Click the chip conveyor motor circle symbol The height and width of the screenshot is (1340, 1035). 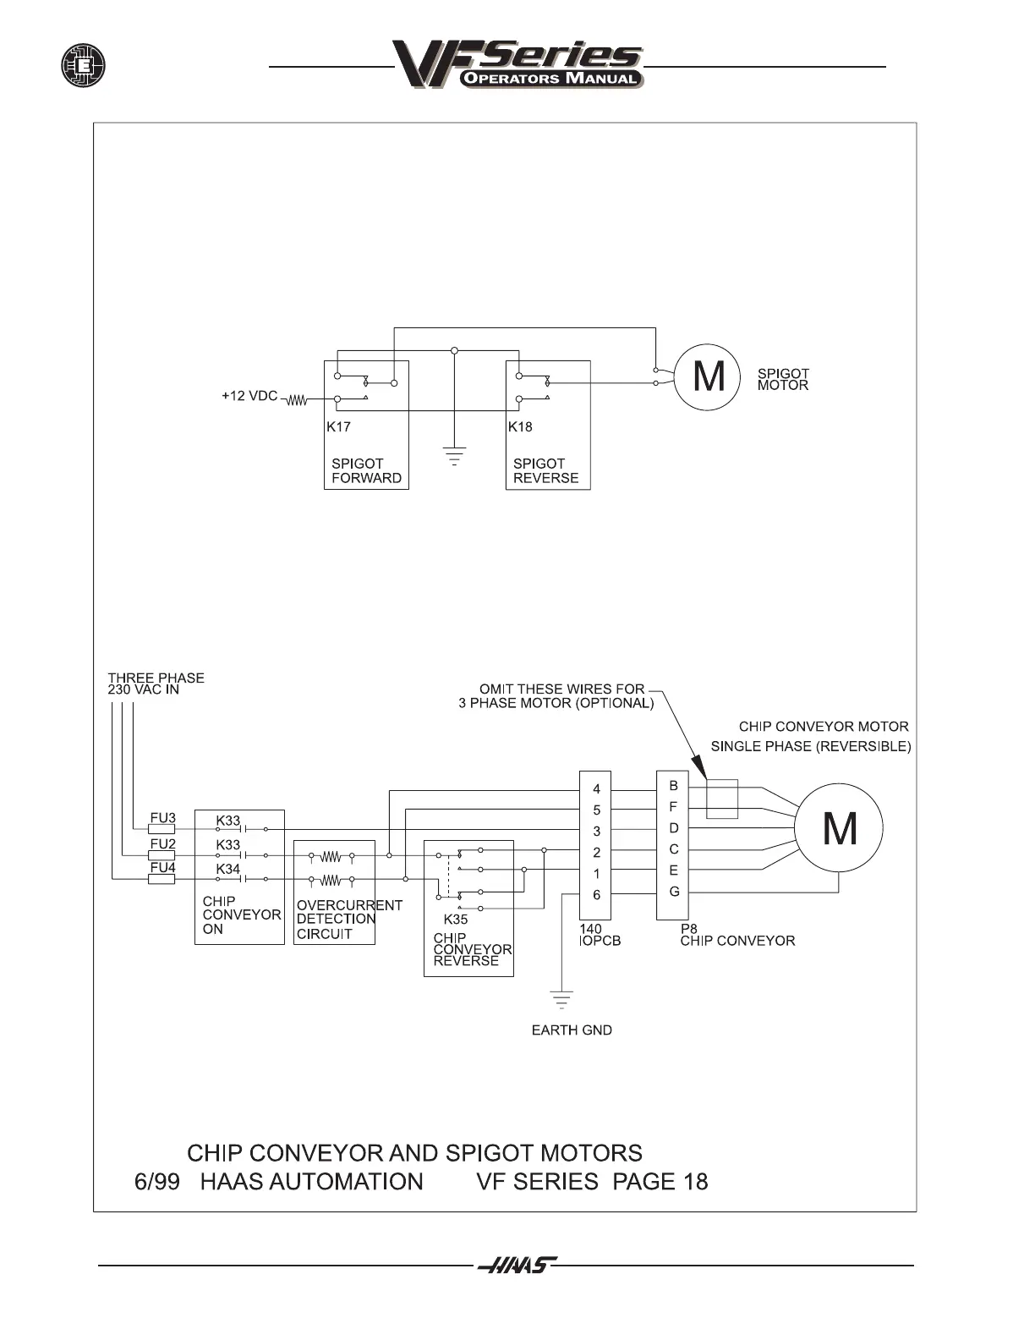coord(839,827)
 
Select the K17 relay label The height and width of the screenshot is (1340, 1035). coord(338,426)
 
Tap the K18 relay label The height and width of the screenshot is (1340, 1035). coord(520,426)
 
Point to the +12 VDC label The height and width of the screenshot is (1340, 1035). coord(249,396)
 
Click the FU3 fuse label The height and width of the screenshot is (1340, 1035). coord(162,818)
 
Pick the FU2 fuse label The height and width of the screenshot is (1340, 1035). coord(162,843)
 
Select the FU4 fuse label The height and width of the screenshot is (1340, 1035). coord(162,867)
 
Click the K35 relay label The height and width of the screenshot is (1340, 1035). coord(456,919)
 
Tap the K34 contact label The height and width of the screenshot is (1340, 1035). coord(227,869)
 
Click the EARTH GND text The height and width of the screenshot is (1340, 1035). coord(572,1030)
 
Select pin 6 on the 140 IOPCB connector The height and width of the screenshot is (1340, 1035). coord(596,895)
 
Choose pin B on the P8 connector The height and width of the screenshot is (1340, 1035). coord(673,786)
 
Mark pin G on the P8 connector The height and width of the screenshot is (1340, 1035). coord(674,892)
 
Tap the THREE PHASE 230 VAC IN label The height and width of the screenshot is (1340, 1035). coord(156,684)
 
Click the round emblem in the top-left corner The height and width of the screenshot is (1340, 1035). coord(83,65)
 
